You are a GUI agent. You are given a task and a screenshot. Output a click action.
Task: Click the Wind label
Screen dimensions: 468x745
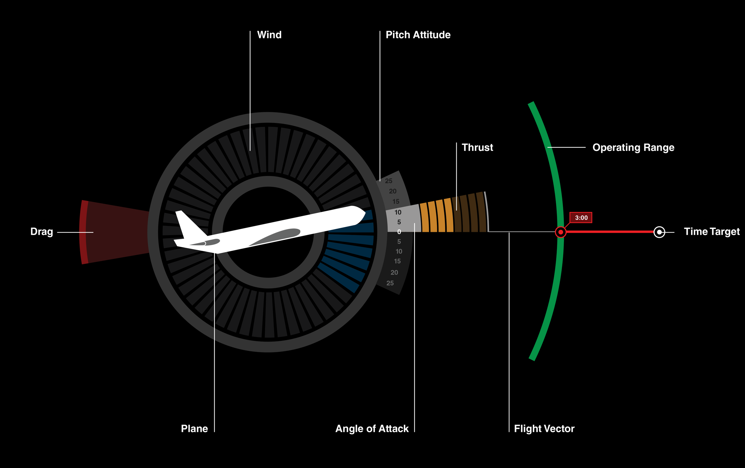(x=269, y=35)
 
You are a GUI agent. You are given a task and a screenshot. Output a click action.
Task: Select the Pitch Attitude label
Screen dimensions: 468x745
(x=418, y=35)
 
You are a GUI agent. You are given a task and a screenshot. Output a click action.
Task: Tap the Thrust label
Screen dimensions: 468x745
(x=477, y=147)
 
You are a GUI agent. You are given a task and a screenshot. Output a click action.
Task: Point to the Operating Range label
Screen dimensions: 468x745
(x=633, y=148)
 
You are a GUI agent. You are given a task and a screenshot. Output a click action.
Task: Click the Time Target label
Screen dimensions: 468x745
(x=712, y=232)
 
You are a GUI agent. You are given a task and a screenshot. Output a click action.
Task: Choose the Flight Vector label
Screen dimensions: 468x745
(x=544, y=429)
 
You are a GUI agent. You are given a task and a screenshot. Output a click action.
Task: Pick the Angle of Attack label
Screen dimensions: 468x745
(x=372, y=429)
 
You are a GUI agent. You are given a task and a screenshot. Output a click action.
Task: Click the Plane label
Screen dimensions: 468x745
(x=194, y=429)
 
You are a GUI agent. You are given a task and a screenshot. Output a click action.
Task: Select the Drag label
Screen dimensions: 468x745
(x=42, y=232)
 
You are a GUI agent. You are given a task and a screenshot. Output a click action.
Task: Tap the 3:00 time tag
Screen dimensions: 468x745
(x=581, y=218)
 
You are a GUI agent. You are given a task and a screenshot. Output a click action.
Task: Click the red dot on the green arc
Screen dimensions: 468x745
(x=561, y=232)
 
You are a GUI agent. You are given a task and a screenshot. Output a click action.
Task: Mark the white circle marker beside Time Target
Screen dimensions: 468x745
(x=659, y=232)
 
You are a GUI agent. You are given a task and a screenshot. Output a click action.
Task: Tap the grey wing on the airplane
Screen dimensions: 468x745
(x=275, y=236)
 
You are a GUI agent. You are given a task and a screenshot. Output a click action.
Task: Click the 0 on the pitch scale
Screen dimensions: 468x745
(x=399, y=232)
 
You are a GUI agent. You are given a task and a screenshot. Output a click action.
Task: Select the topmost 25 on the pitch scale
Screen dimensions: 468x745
(x=389, y=181)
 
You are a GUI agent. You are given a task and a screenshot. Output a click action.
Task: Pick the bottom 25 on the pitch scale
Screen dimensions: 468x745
(x=390, y=283)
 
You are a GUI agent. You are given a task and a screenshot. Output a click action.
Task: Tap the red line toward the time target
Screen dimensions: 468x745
(x=609, y=232)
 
